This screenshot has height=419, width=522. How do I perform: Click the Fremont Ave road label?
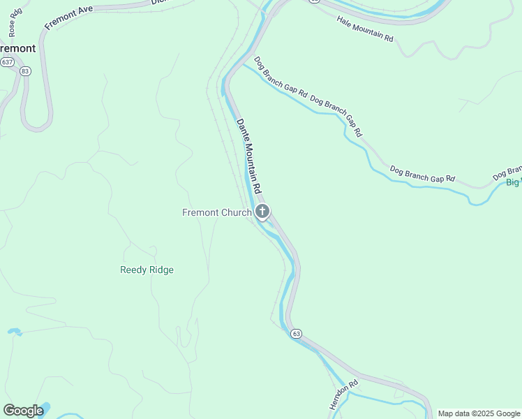coord(68,16)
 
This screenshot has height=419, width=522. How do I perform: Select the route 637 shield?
coord(8,62)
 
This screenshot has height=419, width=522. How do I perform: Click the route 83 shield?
coord(26,71)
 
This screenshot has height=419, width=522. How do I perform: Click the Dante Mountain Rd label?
coord(248,156)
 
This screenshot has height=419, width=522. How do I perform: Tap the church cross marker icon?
coord(262,212)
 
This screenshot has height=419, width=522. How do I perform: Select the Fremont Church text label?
coord(216,212)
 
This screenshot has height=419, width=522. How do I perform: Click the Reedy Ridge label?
coord(147,270)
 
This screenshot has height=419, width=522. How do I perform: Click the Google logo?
coord(23,410)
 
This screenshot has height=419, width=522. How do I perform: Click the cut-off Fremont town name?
coord(17,48)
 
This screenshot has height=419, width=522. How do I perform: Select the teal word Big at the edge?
coord(513,182)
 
